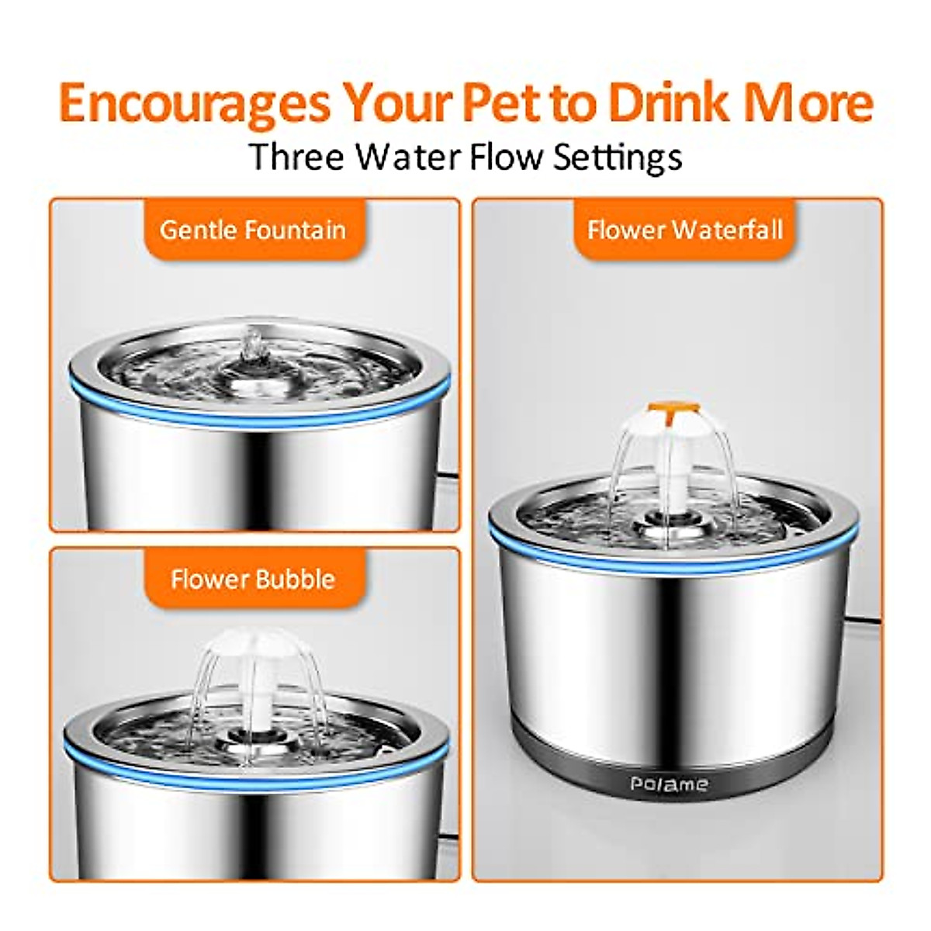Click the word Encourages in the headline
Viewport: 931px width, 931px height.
[x=194, y=104]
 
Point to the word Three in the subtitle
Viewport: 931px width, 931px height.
[x=296, y=157]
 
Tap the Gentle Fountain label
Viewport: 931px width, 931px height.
[x=253, y=230]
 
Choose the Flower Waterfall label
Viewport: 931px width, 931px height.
[x=685, y=230]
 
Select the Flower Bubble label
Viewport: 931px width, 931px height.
[x=253, y=579]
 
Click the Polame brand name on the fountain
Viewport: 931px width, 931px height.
[x=669, y=784]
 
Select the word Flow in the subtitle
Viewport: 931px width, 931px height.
[x=507, y=157]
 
